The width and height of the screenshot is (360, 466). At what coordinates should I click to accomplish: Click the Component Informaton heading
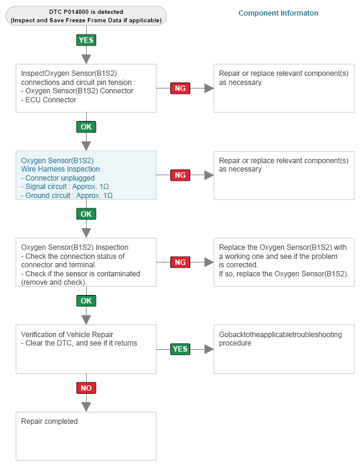click(278, 13)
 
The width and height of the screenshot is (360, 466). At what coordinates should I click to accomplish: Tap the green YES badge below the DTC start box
click(86, 40)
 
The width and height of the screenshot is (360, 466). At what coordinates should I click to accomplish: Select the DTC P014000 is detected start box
click(86, 16)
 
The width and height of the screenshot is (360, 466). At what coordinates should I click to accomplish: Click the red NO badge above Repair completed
click(86, 388)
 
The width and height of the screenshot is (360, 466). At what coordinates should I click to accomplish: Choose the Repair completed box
click(86, 436)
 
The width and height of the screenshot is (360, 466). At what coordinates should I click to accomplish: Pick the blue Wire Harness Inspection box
click(86, 175)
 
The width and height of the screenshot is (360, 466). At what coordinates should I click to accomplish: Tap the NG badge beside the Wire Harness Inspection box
click(180, 175)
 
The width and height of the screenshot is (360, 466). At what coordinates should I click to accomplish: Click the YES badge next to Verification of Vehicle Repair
click(180, 349)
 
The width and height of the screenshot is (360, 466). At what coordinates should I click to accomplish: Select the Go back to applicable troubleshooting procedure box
click(284, 349)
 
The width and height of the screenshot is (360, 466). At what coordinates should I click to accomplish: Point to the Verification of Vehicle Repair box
click(86, 349)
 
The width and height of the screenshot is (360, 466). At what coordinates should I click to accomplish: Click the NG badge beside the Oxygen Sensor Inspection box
click(180, 262)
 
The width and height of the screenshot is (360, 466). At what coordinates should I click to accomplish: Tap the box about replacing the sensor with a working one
click(284, 262)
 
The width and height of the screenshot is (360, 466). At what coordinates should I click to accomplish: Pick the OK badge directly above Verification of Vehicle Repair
click(86, 301)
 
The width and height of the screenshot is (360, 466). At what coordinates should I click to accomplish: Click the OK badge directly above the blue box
click(86, 127)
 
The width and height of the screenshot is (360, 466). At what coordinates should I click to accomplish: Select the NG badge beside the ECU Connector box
click(180, 89)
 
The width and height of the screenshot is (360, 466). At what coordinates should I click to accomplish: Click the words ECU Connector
click(51, 100)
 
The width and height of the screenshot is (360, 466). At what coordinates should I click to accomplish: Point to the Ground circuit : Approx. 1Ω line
click(67, 196)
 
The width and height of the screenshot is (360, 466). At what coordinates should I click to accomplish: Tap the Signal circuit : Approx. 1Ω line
click(65, 187)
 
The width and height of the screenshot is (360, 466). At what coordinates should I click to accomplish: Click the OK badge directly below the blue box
click(86, 214)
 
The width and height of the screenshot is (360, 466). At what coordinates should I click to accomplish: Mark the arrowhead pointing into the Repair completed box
click(86, 407)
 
